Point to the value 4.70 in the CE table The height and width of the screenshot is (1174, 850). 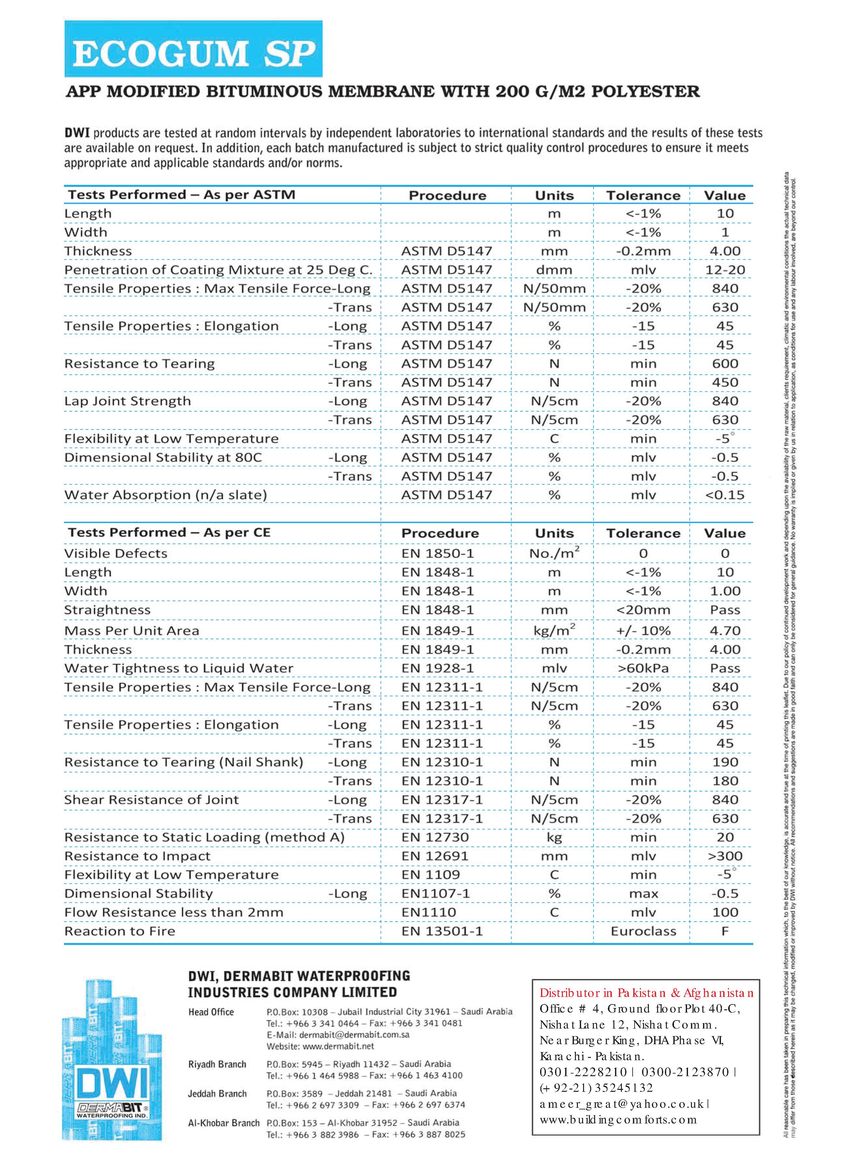(725, 630)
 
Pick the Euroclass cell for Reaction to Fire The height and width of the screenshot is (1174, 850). (643, 931)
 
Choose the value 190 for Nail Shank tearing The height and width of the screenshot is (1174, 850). (725, 762)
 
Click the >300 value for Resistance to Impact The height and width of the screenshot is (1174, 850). (725, 856)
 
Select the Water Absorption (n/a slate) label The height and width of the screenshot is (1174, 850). (166, 495)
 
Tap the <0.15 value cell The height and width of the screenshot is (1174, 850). (725, 495)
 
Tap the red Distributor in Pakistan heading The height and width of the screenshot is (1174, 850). (646, 993)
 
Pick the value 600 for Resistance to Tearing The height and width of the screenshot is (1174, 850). (725, 363)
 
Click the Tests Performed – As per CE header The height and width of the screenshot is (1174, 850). (169, 533)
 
